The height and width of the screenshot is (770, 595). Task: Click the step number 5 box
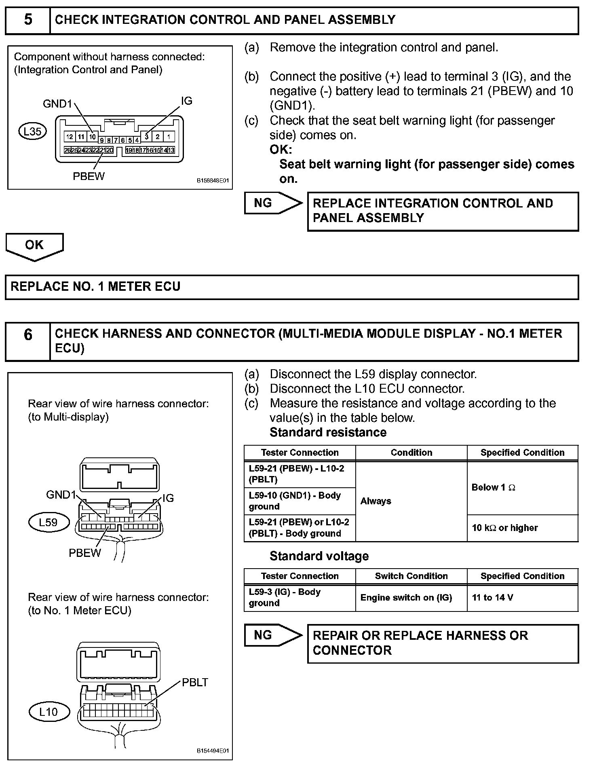[x=27, y=20]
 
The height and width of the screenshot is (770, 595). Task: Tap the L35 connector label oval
[x=33, y=131]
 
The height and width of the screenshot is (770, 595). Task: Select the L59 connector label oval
[x=49, y=522]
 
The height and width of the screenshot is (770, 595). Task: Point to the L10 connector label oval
[x=49, y=712]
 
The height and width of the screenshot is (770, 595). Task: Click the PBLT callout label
[x=195, y=683]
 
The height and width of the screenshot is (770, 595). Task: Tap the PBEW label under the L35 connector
[x=89, y=176]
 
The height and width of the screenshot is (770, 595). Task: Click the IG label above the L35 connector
[x=186, y=101]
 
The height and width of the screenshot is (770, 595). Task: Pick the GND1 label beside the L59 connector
[x=61, y=495]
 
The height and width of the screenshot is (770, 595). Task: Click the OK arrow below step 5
[x=34, y=246]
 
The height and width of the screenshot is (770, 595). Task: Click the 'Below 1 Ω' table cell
[x=522, y=488]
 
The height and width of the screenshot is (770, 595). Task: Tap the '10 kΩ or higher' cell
[x=522, y=528]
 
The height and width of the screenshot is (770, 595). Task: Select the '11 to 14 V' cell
[x=522, y=598]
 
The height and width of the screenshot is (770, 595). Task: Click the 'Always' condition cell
[x=411, y=501]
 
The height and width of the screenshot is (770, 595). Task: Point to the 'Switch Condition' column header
[x=411, y=576]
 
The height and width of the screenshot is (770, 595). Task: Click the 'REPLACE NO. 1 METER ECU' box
[x=291, y=287]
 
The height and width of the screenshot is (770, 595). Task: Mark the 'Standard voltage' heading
[x=319, y=556]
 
